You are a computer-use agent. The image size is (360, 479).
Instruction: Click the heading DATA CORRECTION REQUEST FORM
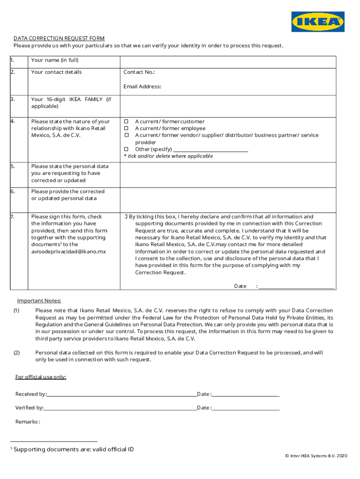[59, 38]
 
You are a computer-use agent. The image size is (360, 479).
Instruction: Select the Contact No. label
[139, 72]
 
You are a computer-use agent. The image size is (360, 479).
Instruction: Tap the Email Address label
[142, 87]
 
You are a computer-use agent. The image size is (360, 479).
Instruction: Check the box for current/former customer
[126, 122]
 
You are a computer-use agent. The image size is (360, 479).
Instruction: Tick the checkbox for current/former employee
[126, 129]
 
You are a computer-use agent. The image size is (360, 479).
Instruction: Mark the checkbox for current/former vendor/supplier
[126, 135]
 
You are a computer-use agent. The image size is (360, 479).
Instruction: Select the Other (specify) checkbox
[126, 149]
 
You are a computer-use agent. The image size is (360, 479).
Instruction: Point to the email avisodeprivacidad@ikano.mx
[68, 252]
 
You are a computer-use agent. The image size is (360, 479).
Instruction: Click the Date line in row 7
[296, 287]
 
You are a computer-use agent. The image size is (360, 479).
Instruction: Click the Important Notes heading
[39, 301]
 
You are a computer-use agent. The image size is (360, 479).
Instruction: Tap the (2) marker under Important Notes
[16, 353]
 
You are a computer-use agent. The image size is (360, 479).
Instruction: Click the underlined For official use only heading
[41, 377]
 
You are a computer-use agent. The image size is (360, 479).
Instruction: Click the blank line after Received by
[122, 395]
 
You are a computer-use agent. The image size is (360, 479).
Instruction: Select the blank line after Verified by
[120, 408]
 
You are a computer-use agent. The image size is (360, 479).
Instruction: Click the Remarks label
[28, 422]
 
